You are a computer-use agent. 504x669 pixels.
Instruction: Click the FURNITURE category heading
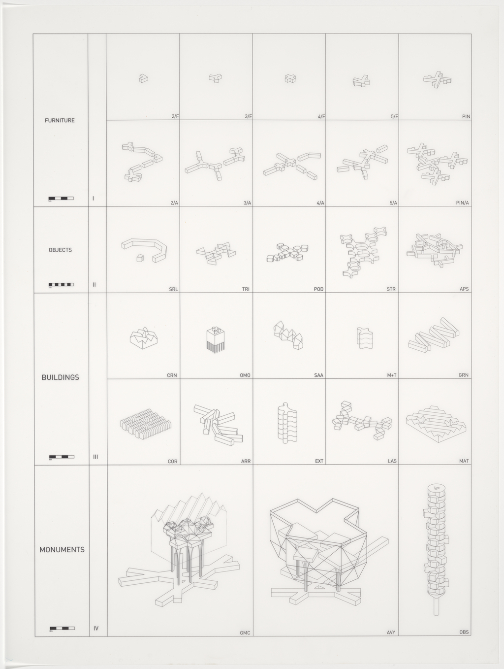(x=60, y=120)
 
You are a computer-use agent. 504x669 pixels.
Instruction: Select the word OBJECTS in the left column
(x=60, y=250)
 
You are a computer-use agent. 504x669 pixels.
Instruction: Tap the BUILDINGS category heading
(x=60, y=377)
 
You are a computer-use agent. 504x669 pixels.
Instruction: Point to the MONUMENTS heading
(x=62, y=549)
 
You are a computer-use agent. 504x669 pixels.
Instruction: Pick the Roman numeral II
(x=94, y=284)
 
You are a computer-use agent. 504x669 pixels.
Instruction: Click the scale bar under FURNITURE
(x=61, y=198)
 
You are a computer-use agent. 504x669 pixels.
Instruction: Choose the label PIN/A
(x=463, y=203)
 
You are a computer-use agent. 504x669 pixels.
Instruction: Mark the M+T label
(x=392, y=375)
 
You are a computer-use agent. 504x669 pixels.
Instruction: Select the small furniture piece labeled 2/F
(x=143, y=78)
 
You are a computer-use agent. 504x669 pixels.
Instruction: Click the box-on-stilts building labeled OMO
(x=216, y=339)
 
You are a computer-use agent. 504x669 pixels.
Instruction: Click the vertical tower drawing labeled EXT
(x=288, y=422)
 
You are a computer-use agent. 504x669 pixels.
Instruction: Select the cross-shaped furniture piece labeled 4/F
(x=290, y=78)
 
